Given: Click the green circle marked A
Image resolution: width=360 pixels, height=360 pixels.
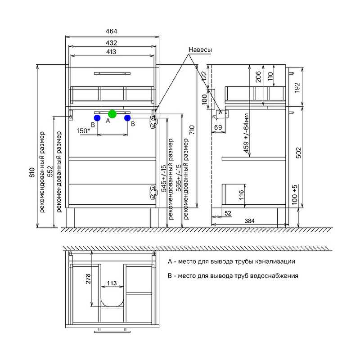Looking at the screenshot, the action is (112, 114).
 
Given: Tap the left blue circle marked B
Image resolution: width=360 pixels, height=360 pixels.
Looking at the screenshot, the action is (97, 118).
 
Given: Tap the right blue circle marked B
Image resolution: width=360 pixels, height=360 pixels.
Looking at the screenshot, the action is (127, 118).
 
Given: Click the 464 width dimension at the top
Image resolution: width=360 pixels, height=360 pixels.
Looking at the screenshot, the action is (111, 31).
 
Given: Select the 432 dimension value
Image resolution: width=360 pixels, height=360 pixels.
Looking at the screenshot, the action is (111, 43).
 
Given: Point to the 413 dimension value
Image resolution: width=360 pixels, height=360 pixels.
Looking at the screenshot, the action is (111, 52).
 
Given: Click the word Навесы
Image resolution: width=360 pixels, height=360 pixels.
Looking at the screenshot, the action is (200, 49).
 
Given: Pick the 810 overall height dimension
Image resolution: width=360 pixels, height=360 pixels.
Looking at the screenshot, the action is (32, 172).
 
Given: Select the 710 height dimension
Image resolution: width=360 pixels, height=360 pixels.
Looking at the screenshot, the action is (192, 130).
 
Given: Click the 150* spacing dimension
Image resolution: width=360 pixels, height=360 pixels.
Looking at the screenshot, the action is (84, 131).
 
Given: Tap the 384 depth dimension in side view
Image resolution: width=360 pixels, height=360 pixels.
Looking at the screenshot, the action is (250, 221).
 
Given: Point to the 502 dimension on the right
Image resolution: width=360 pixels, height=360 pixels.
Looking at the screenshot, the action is (298, 153).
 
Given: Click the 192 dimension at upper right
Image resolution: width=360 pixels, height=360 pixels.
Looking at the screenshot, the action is (297, 87).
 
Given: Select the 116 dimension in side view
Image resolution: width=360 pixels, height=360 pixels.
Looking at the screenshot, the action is (241, 195).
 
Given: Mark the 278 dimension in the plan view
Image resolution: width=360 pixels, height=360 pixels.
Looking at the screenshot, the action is (88, 279).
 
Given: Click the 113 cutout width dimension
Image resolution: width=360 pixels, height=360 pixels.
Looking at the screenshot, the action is (112, 283).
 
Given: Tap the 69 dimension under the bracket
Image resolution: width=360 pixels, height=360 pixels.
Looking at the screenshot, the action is (218, 127).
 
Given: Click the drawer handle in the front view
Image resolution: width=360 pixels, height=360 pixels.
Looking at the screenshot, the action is (112, 73).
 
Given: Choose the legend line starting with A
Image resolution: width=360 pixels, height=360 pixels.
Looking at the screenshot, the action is (231, 261).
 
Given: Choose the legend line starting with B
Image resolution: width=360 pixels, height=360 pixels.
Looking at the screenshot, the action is (233, 275).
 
